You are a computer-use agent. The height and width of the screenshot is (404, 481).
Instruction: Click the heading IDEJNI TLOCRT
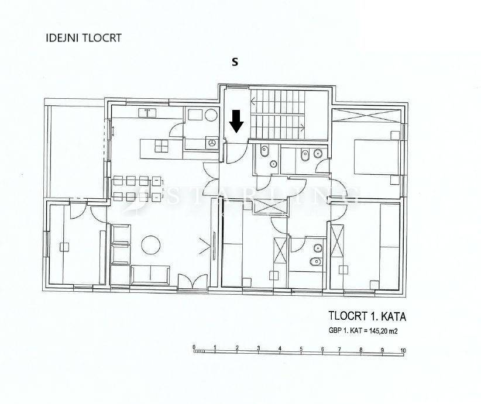coord(84,38)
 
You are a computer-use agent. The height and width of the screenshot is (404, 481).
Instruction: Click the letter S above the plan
coord(235,61)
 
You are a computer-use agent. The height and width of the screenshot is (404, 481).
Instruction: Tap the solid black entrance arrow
coord(236,121)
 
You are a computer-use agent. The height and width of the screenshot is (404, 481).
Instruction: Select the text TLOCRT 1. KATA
coord(366,317)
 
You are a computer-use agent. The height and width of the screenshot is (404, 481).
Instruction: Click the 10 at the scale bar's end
coord(403,350)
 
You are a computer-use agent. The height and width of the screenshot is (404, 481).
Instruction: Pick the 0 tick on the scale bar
coord(194,347)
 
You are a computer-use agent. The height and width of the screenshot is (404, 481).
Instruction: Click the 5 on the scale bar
coord(301,350)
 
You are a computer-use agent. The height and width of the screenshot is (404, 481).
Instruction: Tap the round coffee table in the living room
coord(150,244)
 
